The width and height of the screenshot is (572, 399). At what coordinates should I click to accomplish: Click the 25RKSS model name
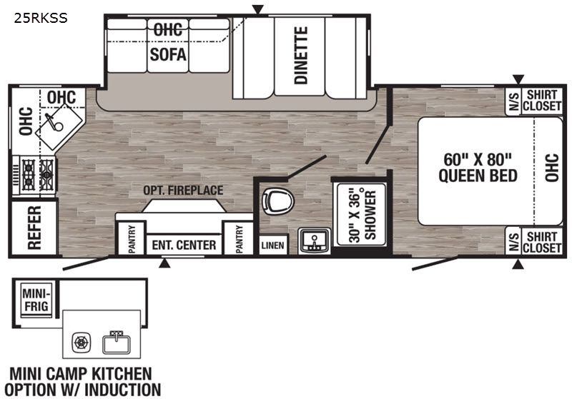coord(41,18)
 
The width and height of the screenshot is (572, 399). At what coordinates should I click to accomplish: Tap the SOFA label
coord(168,55)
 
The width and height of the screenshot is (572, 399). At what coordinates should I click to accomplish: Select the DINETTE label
coord(301,56)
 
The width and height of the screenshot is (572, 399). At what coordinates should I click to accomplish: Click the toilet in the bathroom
coord(278,201)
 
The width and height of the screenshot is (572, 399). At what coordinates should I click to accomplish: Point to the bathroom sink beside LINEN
coord(314,241)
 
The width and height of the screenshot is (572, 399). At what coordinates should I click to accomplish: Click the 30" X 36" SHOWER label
coord(362,215)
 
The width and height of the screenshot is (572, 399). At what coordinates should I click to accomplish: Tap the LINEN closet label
coord(272,245)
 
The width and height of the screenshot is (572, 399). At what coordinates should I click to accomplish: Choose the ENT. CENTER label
coord(184,245)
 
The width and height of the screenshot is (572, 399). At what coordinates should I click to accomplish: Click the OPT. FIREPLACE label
coord(183,190)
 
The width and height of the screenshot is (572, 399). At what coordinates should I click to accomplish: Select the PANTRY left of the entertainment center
coord(132,239)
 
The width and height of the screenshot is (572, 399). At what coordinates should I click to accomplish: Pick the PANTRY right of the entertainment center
coord(239,239)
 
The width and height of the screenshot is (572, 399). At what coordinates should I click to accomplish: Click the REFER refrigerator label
coord(34,228)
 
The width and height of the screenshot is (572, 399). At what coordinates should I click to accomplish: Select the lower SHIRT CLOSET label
coord(541,242)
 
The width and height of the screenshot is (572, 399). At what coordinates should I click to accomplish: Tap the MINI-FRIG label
coord(36,300)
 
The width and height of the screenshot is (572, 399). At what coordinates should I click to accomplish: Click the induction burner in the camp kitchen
coord(81,343)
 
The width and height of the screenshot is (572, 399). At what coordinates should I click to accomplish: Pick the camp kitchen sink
coord(117,342)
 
